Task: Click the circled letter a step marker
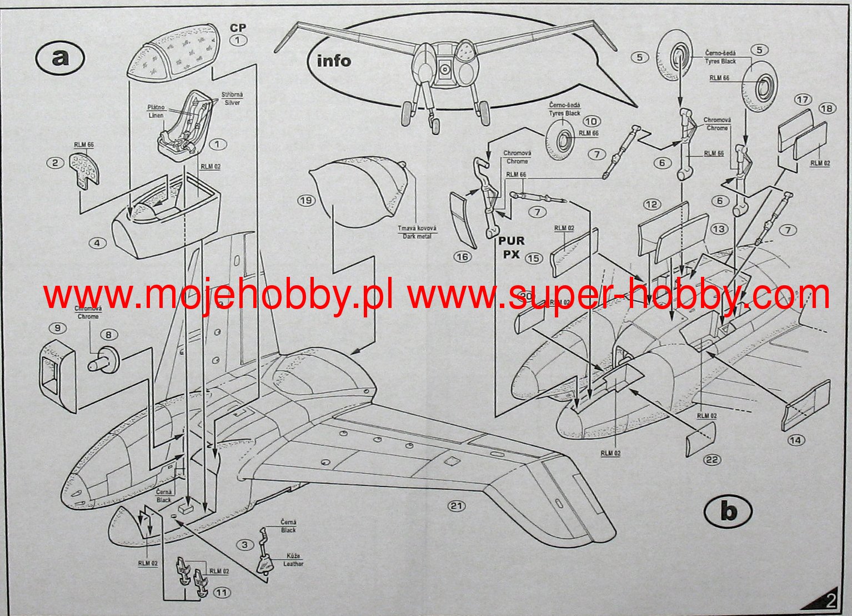tap(59, 57)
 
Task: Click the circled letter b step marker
tap(728, 511)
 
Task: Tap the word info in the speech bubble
tap(333, 60)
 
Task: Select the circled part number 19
tap(306, 200)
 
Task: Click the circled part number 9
tap(57, 328)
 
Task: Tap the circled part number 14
tap(795, 440)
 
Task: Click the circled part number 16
tap(462, 256)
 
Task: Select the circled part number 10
tap(592, 121)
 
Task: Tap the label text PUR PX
tap(511, 247)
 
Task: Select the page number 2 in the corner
tap(831, 600)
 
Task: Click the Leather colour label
tap(293, 560)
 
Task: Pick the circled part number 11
tap(222, 593)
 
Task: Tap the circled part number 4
tap(97, 243)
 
